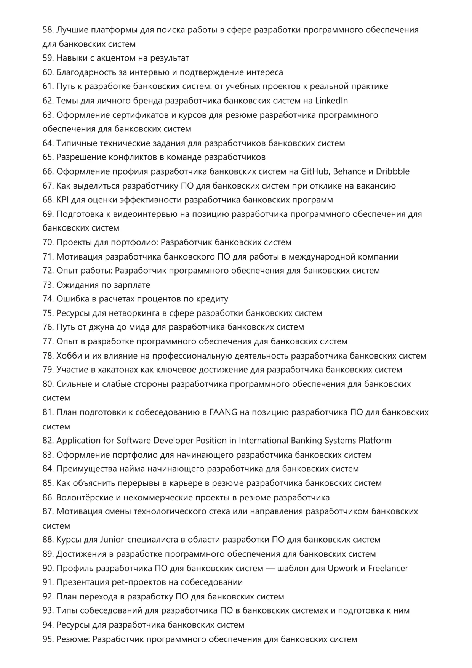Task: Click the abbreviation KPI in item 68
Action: pos(63,200)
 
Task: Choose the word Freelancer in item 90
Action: pos(388,569)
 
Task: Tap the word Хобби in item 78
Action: pos(69,356)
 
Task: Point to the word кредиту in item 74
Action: pos(213,299)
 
